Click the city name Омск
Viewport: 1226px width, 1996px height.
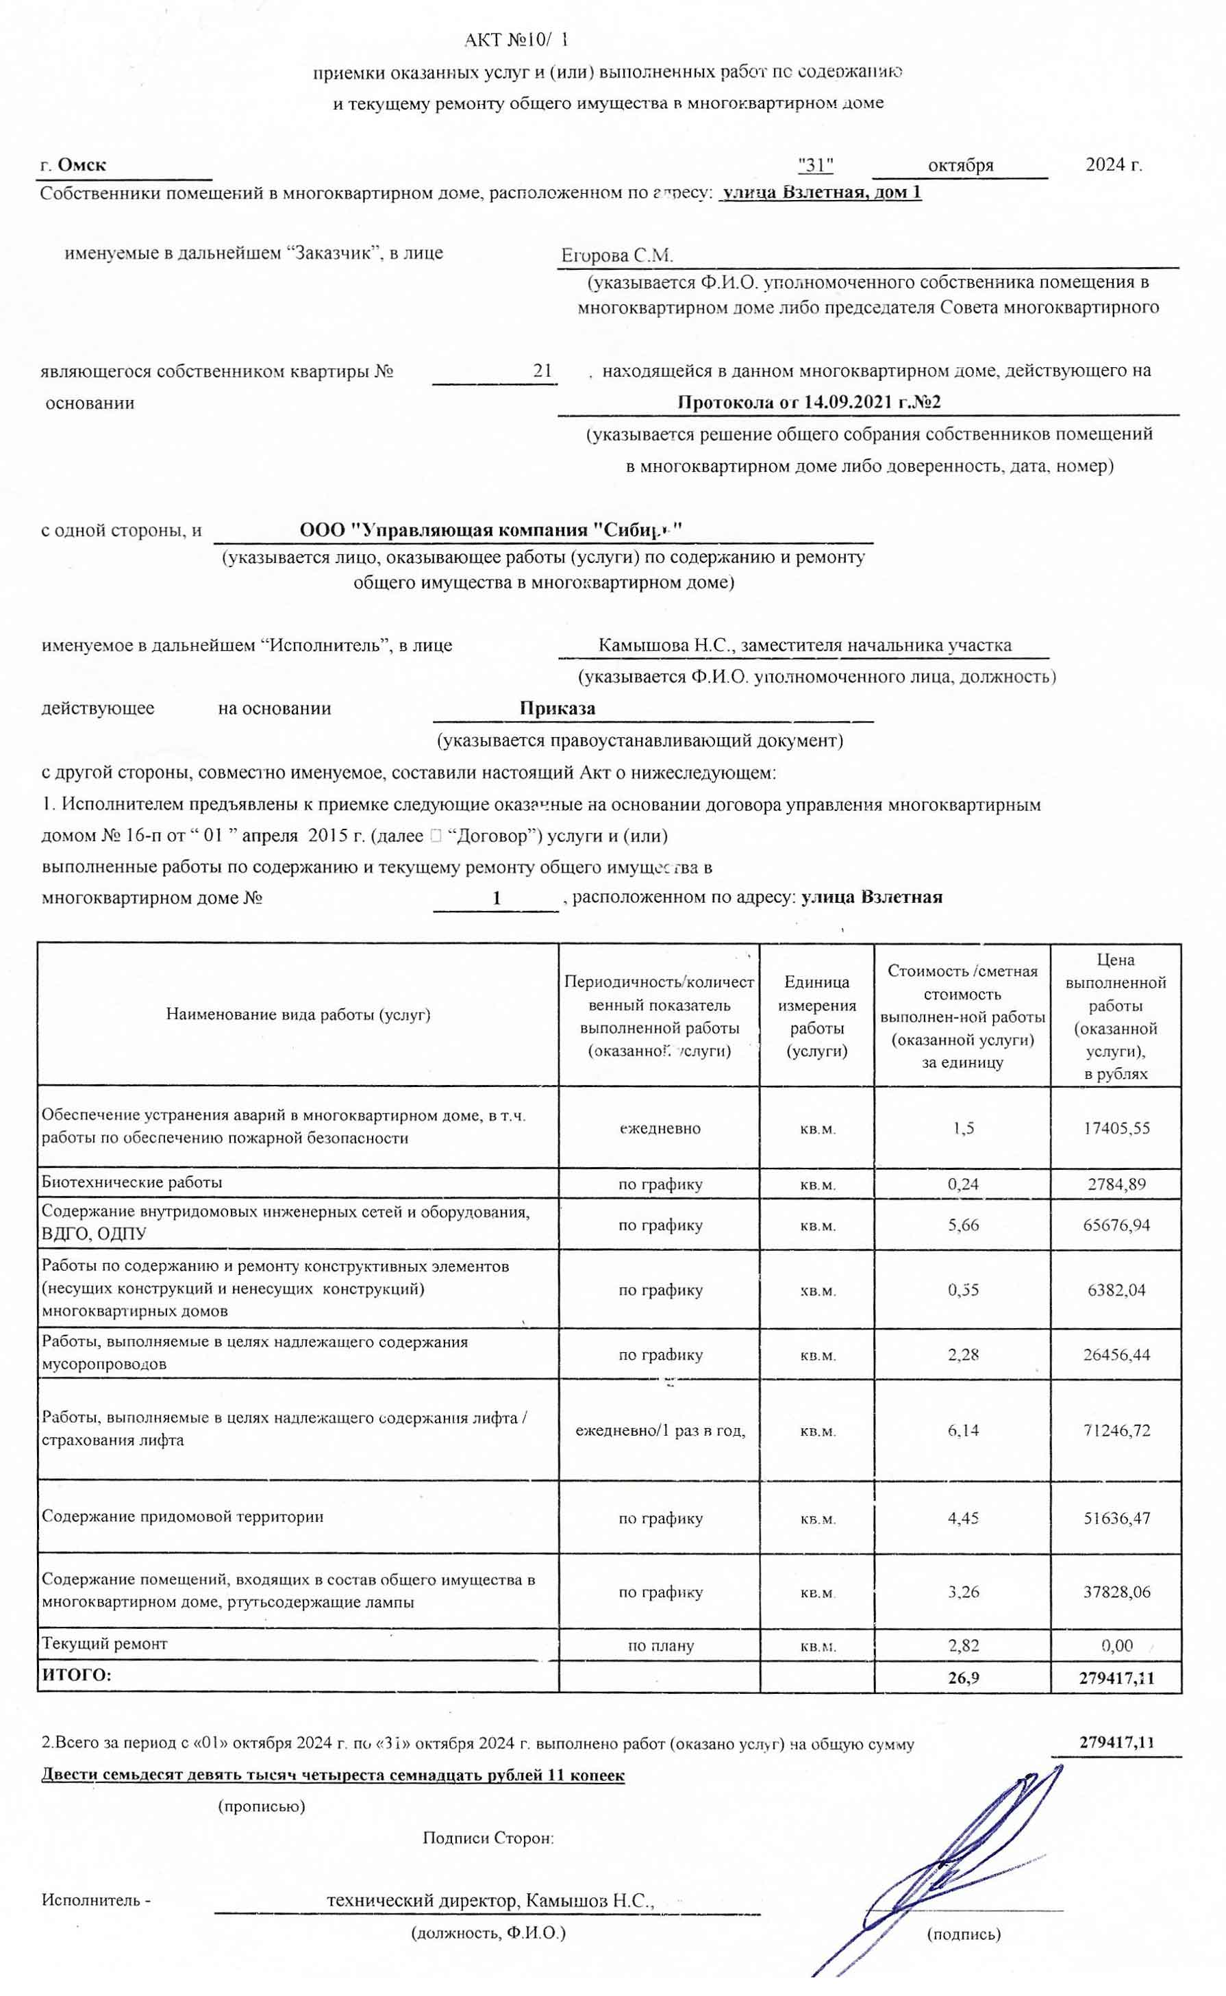[82, 165]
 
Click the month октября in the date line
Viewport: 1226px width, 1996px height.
[960, 165]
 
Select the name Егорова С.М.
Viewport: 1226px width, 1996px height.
[617, 256]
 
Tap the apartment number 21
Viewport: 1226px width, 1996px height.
[542, 371]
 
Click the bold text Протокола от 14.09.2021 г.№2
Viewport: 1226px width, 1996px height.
[808, 402]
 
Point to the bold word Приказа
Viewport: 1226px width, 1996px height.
[558, 708]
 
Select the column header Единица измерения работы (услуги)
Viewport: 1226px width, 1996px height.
[816, 1016]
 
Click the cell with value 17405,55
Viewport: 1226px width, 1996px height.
[1116, 1127]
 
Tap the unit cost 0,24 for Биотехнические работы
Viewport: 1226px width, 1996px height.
[963, 1184]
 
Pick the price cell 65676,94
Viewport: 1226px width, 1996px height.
[1116, 1225]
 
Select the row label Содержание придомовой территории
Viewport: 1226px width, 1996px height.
[182, 1516]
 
